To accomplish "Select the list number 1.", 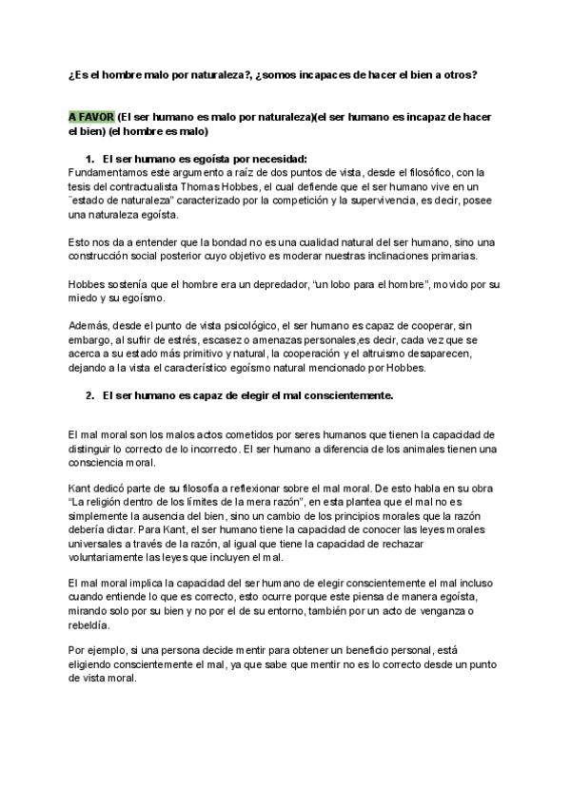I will [x=89, y=158].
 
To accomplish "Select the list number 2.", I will [x=89, y=393].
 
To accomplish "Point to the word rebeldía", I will [x=92, y=625].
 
